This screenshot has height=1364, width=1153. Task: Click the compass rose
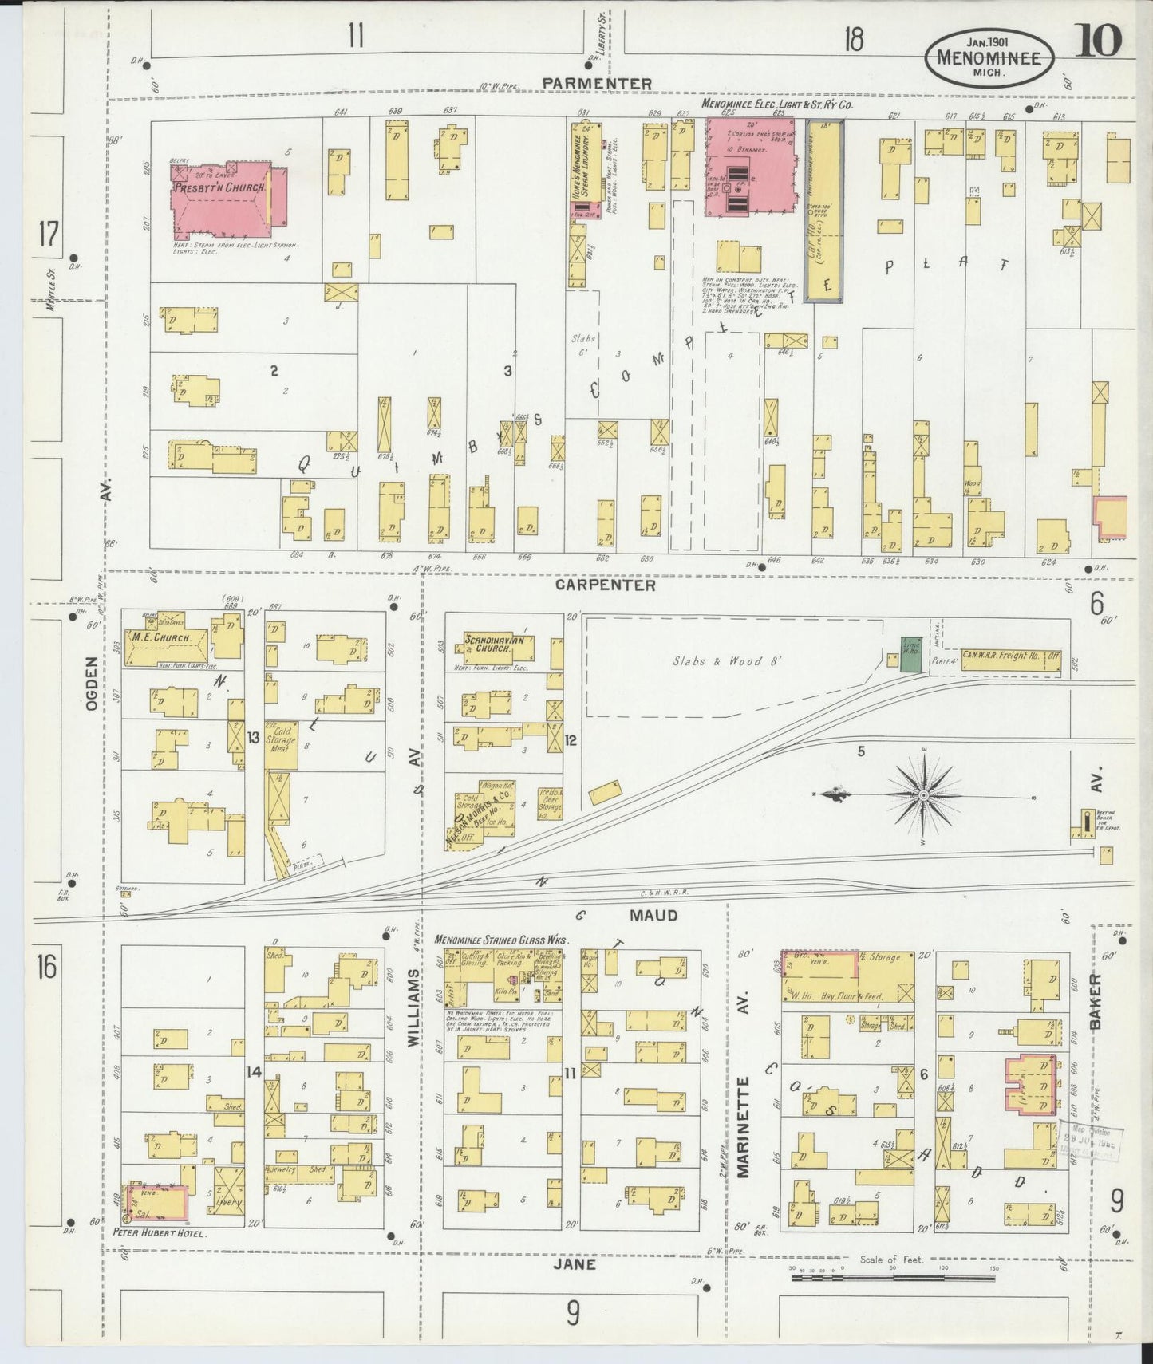coord(923,795)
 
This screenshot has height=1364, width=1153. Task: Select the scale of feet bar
coord(893,1278)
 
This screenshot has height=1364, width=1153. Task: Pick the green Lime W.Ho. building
coord(910,653)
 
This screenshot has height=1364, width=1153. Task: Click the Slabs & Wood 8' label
coord(727,660)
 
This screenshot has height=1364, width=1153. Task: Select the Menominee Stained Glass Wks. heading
coord(501,940)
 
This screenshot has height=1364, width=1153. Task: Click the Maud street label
coord(653,915)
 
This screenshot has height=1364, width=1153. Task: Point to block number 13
coord(253,737)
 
